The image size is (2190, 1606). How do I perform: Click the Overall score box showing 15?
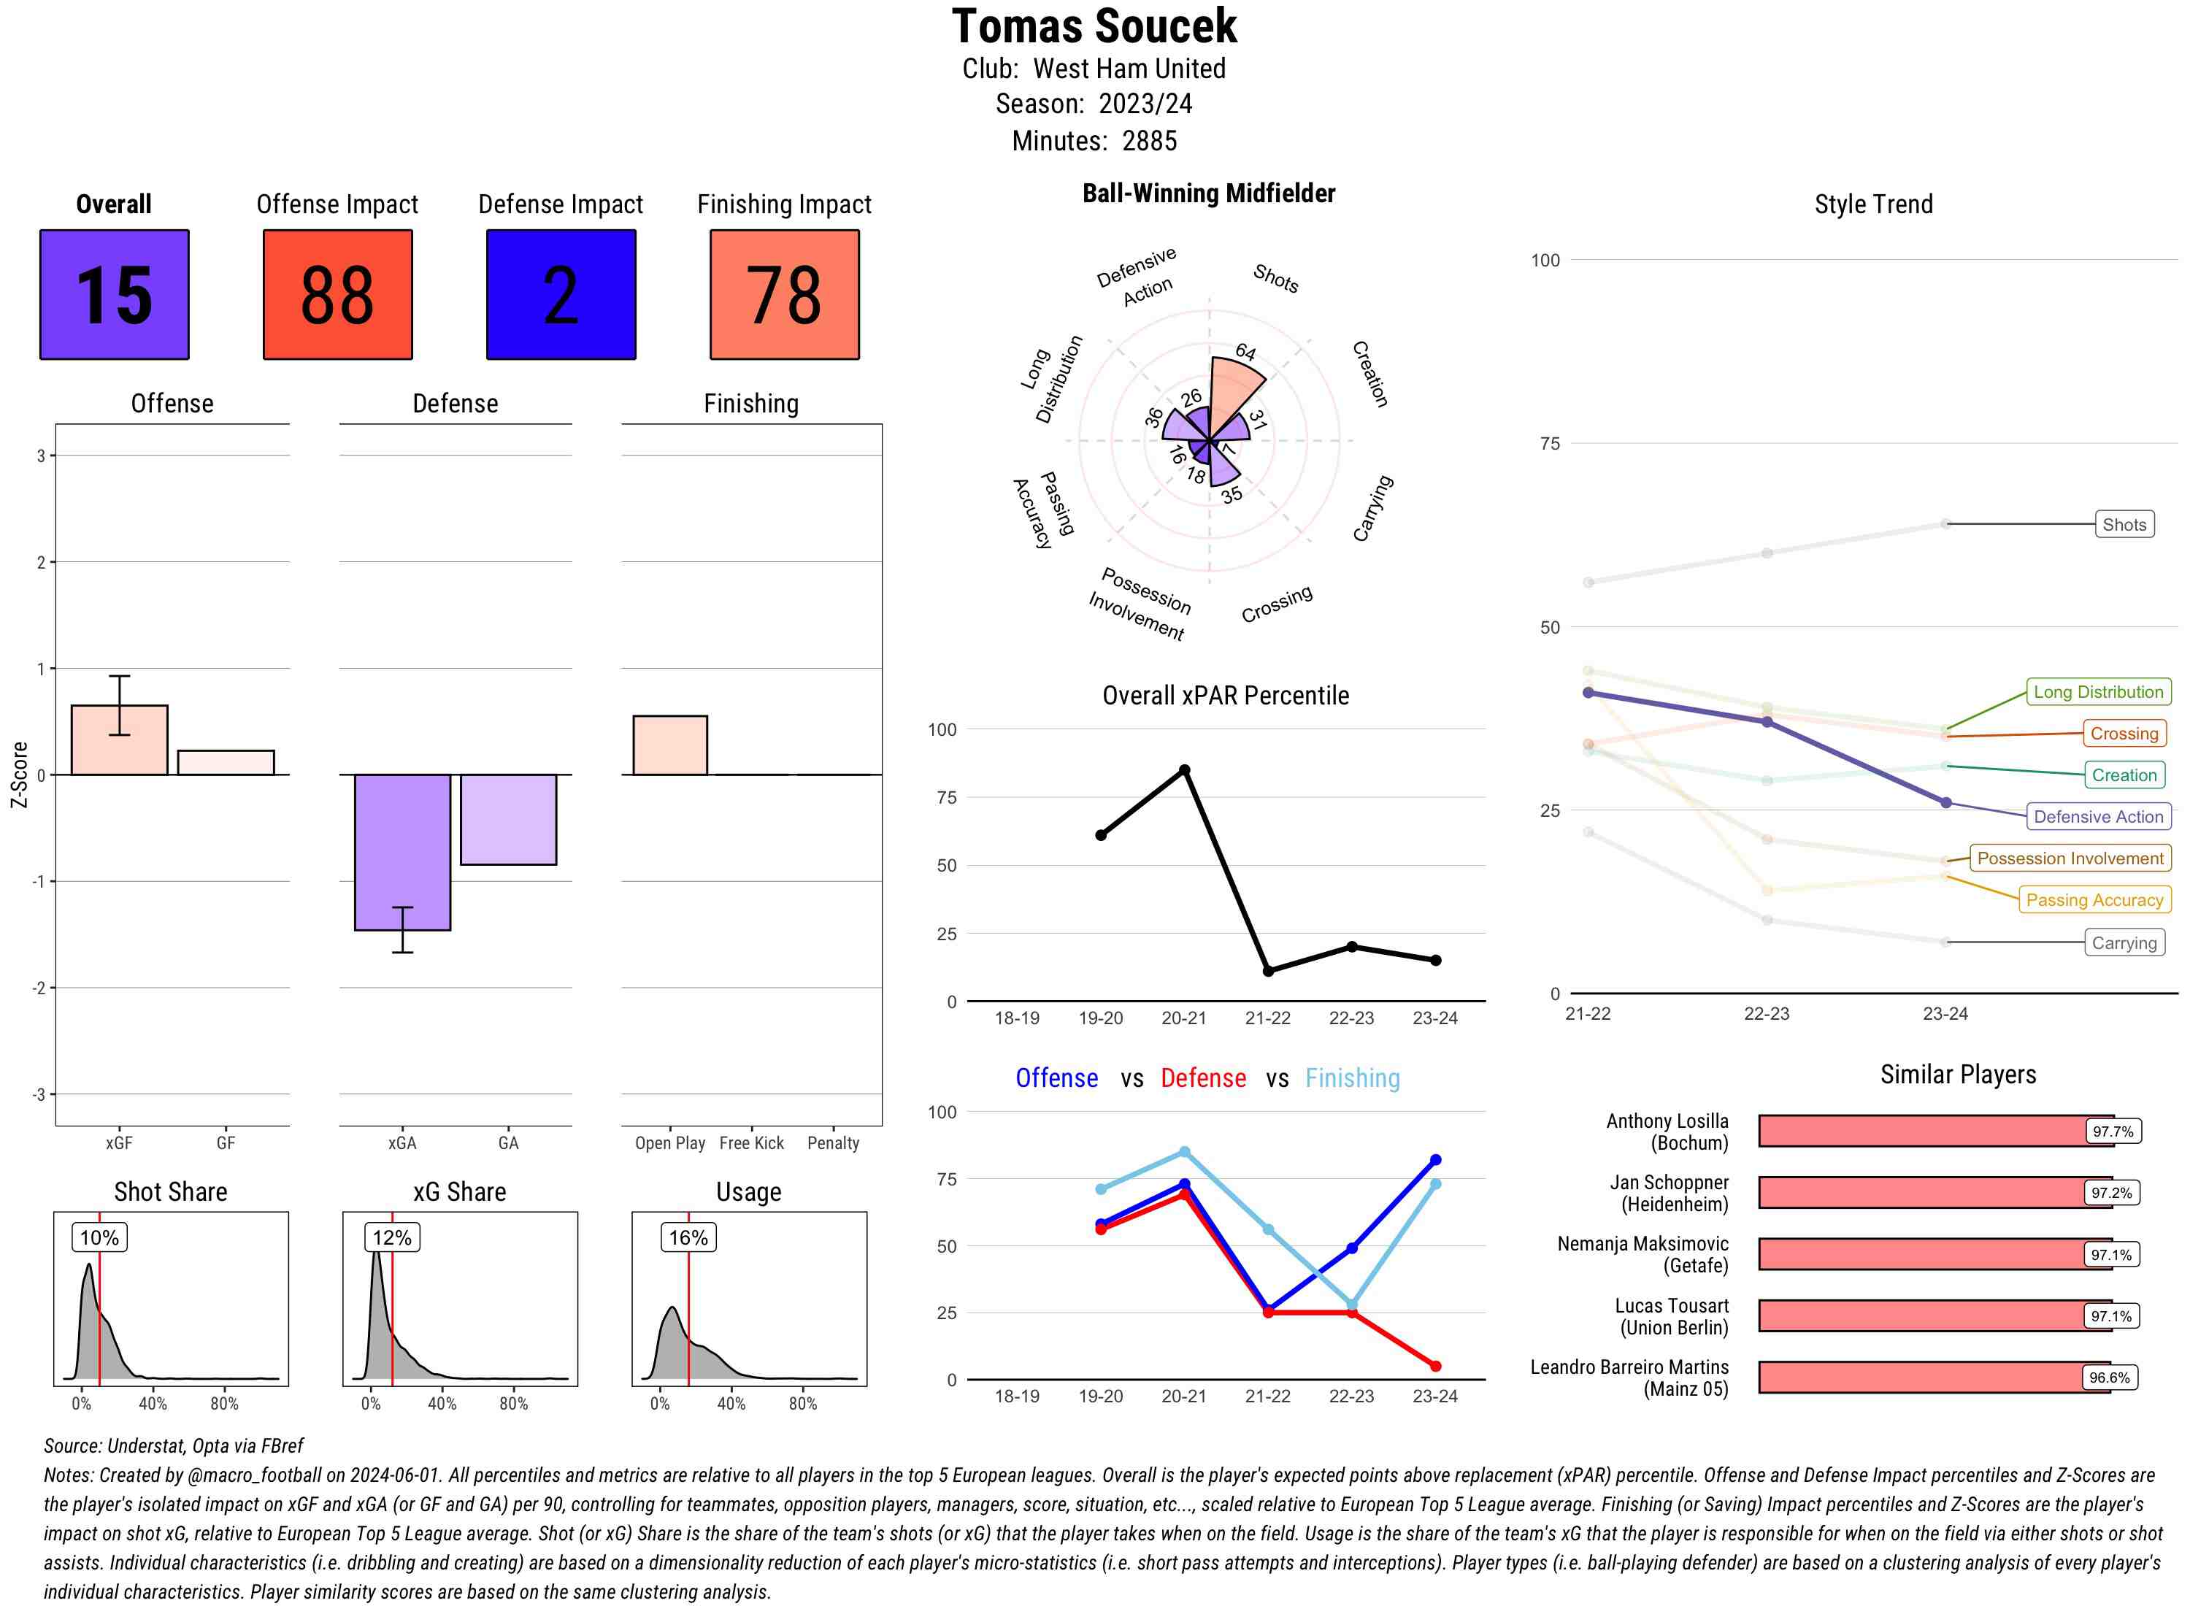click(x=114, y=295)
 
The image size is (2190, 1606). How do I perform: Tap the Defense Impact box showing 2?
click(x=561, y=295)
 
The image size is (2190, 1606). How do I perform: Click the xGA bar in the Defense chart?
click(x=402, y=852)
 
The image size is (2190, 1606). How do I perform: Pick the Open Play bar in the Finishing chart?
click(x=669, y=745)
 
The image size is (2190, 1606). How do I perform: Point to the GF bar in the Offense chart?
click(x=226, y=762)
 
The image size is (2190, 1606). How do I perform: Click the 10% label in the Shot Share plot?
click(x=99, y=1237)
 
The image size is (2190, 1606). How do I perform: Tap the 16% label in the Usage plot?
click(x=688, y=1237)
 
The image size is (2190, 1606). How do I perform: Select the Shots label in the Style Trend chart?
click(x=2124, y=524)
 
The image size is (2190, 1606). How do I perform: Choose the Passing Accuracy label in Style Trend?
click(x=2094, y=899)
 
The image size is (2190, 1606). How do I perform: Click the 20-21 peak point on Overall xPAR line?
click(x=1184, y=770)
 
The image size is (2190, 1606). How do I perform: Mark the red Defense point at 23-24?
click(x=1434, y=1366)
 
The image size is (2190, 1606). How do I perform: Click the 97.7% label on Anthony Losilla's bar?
click(x=2112, y=1131)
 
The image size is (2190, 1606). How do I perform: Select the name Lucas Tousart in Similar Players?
click(x=1671, y=1305)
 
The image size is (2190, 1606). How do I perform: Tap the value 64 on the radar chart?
click(x=1245, y=352)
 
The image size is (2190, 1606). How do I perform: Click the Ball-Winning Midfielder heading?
click(x=1208, y=193)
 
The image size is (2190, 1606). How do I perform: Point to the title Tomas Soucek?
click(x=1094, y=26)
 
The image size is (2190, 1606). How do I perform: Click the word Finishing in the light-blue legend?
click(x=1352, y=1078)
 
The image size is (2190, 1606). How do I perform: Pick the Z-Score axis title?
click(x=18, y=774)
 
